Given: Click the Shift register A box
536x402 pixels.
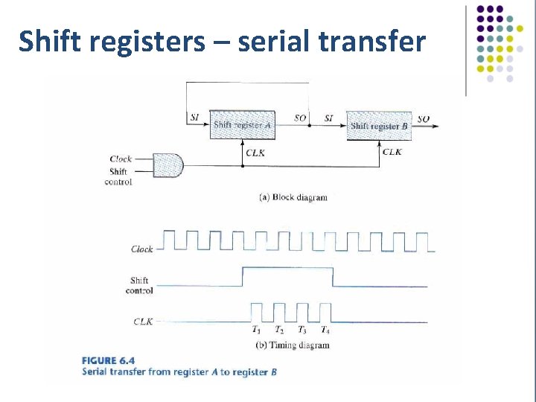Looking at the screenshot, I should (242, 125).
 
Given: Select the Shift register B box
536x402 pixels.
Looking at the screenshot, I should (379, 126).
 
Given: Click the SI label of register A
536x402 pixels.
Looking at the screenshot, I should (194, 118).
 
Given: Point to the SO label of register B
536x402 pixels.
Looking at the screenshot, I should (423, 119).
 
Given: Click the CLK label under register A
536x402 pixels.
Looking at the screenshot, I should (255, 153).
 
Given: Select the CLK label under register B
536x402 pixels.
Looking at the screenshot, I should (392, 152).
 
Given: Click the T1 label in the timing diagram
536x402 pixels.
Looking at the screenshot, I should (256, 330).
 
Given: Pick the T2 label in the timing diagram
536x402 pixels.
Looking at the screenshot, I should (278, 330).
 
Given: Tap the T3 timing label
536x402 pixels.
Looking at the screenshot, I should (301, 330).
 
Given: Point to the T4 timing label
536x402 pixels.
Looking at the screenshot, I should (325, 330).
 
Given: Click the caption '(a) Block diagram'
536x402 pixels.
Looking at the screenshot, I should (293, 197).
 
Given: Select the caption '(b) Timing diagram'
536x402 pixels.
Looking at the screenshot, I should (292, 345).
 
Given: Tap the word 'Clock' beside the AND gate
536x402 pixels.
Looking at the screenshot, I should (121, 159).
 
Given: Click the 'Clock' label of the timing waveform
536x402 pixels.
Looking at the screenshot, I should (141, 249).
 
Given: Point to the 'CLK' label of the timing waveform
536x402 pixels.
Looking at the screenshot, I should (143, 322).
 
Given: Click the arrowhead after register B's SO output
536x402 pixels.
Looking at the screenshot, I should (435, 126).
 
